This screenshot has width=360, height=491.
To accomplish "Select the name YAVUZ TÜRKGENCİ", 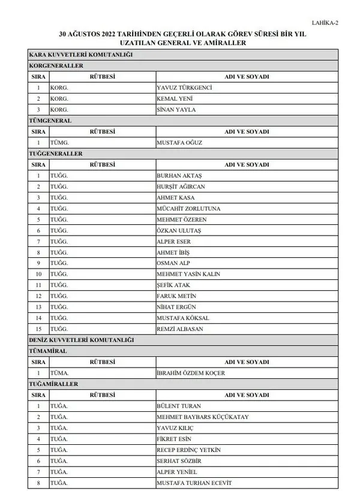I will pyautogui.click(x=185, y=88).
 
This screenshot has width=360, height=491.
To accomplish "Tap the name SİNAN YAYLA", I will pyautogui.click(x=176, y=110).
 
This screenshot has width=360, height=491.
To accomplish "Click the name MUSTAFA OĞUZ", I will pyautogui.click(x=178, y=143).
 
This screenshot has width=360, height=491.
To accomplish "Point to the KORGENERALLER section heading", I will pyautogui.click(x=56, y=66).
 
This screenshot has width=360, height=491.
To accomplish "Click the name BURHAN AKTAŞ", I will pyautogui.click(x=179, y=176).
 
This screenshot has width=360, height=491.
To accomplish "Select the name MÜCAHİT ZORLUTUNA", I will pyautogui.click(x=188, y=209).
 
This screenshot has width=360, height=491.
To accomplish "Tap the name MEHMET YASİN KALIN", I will pyautogui.click(x=188, y=274).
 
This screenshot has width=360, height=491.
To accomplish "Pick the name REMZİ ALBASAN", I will pyautogui.click(x=179, y=329).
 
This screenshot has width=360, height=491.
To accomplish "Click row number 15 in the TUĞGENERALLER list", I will pyautogui.click(x=38, y=329).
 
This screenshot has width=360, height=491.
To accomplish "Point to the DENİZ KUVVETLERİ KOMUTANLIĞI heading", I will pyautogui.click(x=82, y=340).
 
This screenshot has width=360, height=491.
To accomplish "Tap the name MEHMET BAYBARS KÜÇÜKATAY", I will pyautogui.click(x=202, y=417).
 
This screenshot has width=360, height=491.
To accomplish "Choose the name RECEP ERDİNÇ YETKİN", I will pyautogui.click(x=188, y=450).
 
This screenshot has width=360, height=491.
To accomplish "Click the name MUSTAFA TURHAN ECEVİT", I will pyautogui.click(x=194, y=483).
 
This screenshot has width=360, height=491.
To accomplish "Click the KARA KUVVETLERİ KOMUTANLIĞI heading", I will pyautogui.click(x=81, y=55).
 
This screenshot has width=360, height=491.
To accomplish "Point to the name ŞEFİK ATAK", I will pyautogui.click(x=173, y=285).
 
